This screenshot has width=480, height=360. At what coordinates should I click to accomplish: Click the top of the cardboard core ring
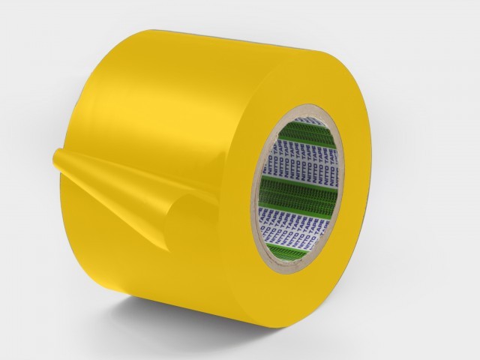click(307, 110)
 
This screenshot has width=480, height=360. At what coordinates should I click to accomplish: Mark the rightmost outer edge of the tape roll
click(373, 187)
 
